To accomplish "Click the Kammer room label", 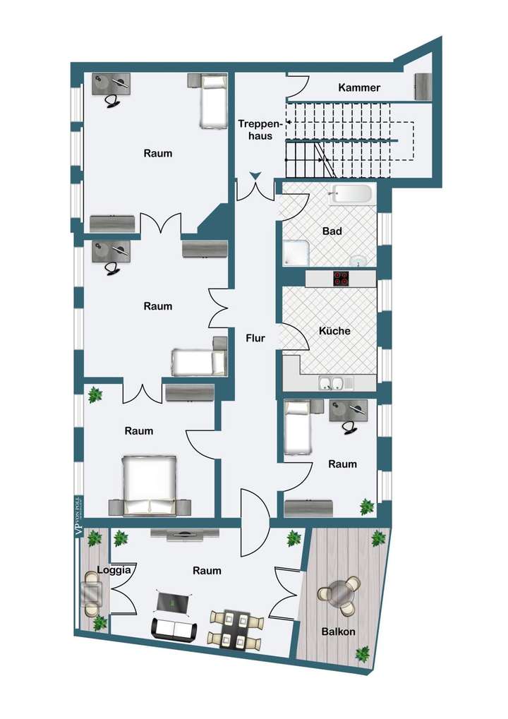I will pos(359,88).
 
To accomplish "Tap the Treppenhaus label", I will pos(255,130).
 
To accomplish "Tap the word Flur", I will pos(255,339).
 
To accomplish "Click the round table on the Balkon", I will pos(340,594).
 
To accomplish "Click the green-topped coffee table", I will pos(173,602).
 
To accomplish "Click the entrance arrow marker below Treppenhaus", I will pos(255,176).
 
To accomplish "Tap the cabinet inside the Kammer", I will pos(423,87).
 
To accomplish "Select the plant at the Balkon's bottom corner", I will pos(362,654).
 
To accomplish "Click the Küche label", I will pos(334,330).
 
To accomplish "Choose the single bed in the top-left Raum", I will pos(213,103).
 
